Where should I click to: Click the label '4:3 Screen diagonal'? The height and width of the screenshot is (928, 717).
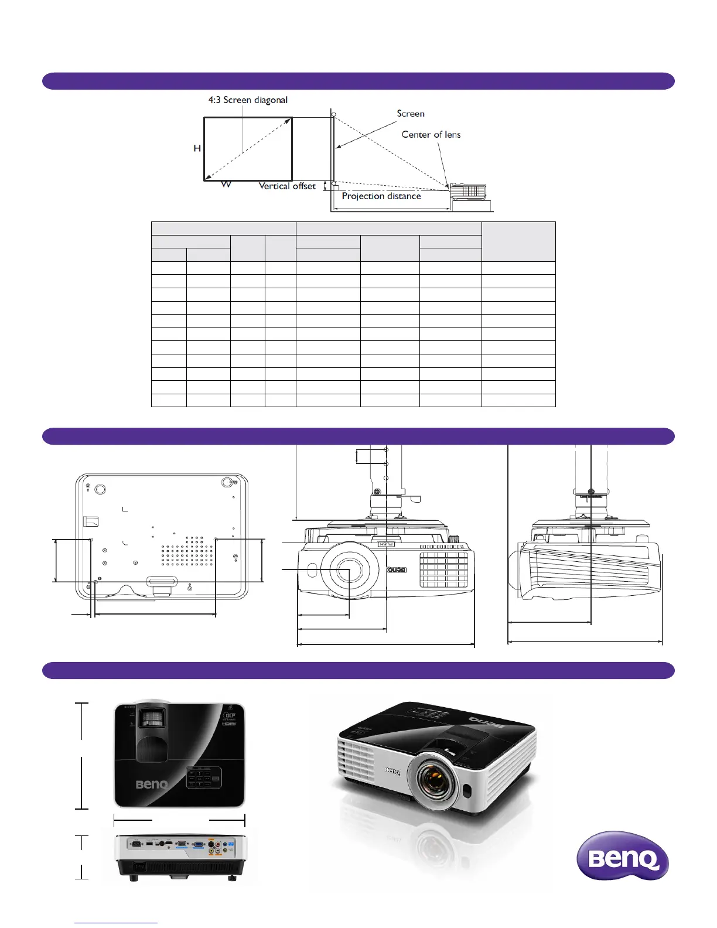[x=248, y=100]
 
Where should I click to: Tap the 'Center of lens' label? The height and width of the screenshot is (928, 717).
[x=431, y=135]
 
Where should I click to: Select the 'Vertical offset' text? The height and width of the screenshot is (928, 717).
[x=287, y=186]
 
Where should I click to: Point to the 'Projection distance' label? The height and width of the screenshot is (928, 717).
[x=381, y=196]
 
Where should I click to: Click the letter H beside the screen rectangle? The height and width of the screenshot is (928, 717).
[x=197, y=149]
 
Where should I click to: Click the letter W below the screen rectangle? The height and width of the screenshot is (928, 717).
[x=226, y=185]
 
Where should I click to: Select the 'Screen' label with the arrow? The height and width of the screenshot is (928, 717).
[x=410, y=114]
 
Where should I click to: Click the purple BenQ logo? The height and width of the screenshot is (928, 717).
[x=623, y=857]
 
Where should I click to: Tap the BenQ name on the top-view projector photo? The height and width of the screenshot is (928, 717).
[x=152, y=784]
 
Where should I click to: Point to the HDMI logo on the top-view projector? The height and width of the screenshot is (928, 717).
[x=228, y=724]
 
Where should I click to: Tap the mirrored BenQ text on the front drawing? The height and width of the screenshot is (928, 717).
[x=397, y=569]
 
